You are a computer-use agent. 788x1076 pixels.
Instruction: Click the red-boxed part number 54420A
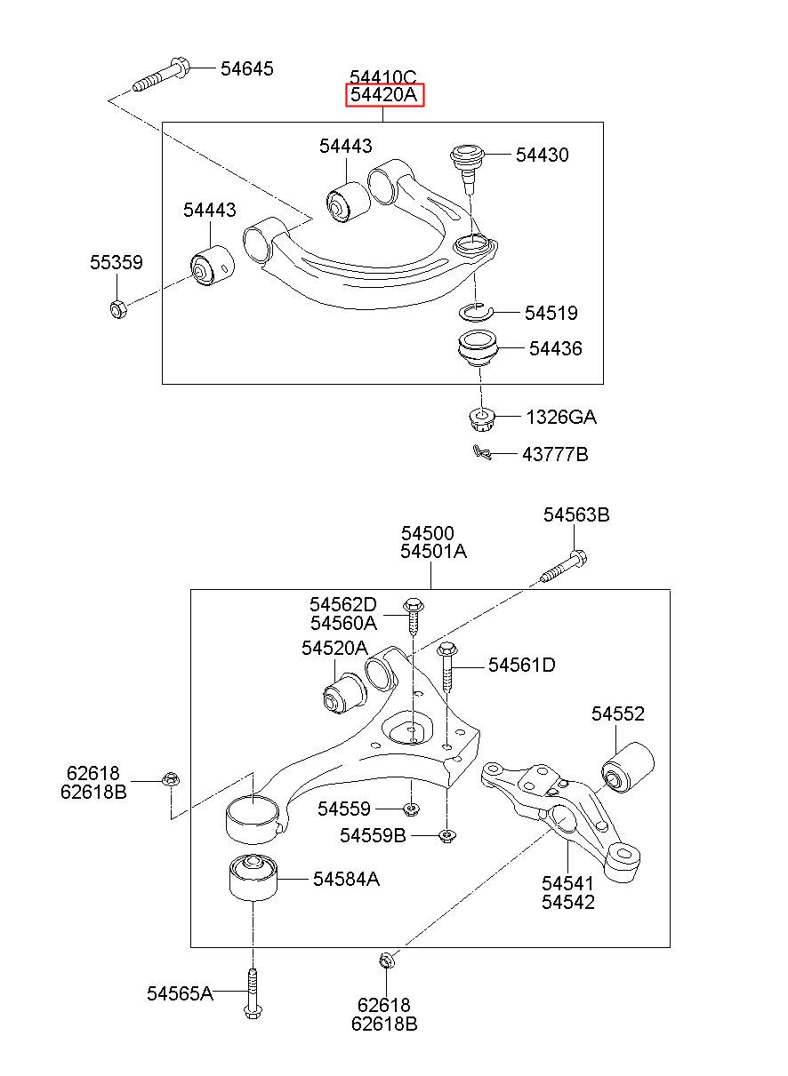click(383, 94)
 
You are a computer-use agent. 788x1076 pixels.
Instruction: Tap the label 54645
click(247, 68)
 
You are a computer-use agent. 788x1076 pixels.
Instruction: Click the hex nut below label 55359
click(117, 309)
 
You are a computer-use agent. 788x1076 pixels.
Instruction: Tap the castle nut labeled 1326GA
click(481, 419)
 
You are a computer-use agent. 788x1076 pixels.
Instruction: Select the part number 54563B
click(576, 515)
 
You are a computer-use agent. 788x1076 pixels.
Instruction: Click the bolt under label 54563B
click(564, 567)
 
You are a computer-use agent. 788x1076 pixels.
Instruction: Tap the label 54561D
click(522, 666)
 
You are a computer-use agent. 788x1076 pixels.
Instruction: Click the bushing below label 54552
click(627, 768)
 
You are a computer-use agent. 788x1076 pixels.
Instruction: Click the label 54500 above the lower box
click(428, 533)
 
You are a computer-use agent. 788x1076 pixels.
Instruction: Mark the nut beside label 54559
click(410, 809)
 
